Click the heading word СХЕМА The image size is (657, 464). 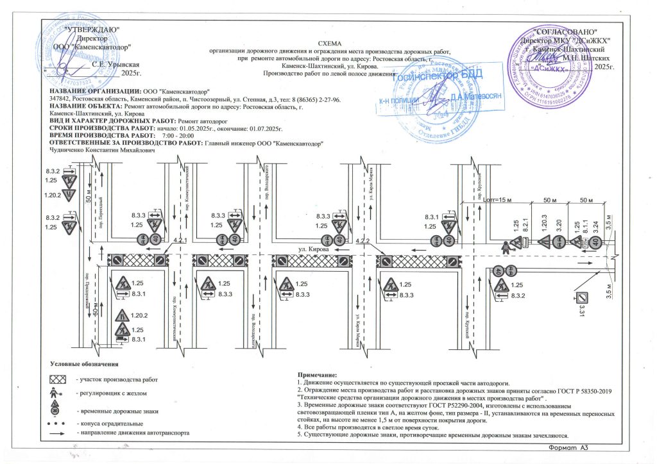(327, 42)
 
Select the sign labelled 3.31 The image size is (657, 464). (582, 297)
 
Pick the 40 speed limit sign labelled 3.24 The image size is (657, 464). (596, 242)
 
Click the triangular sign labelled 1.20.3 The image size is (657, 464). (543, 242)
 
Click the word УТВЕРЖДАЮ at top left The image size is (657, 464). (92, 29)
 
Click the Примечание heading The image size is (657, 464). (318, 374)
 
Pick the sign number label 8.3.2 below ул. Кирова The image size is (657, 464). (518, 295)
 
